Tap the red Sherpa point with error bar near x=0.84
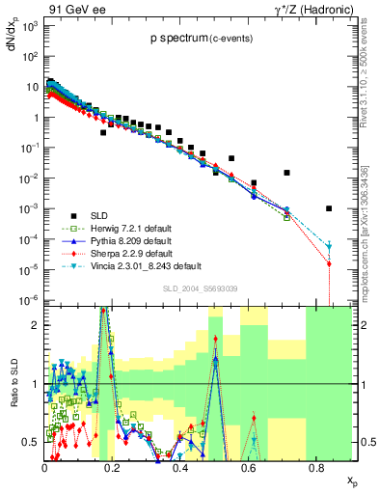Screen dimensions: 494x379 click(x=329, y=263)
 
